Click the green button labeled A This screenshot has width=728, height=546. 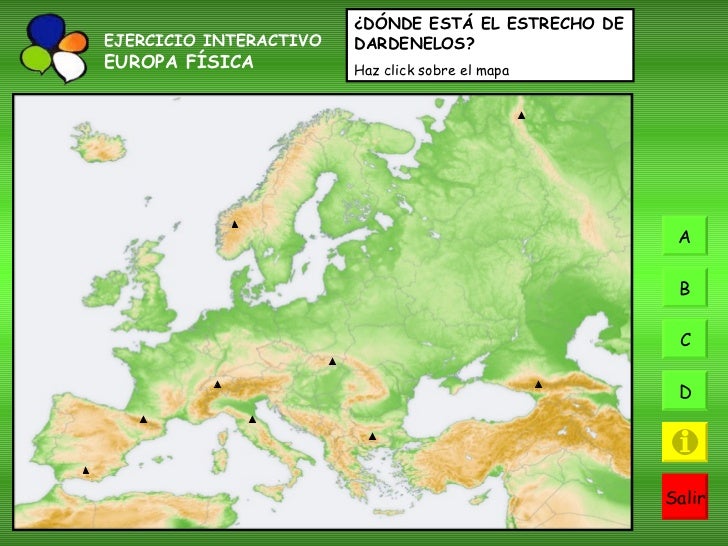click(x=685, y=237)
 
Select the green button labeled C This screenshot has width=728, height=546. click(x=685, y=340)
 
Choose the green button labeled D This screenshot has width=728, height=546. click(x=685, y=391)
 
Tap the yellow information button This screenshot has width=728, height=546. click(x=685, y=442)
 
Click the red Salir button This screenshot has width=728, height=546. click(x=685, y=496)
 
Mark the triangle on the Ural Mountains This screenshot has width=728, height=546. click(x=521, y=116)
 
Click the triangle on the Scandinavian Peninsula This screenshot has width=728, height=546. click(x=234, y=224)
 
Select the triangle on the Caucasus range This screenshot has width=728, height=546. click(x=538, y=384)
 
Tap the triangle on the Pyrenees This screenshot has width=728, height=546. click(x=143, y=420)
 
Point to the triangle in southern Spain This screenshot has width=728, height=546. click(x=86, y=470)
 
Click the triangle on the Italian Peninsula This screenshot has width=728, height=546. click(x=252, y=419)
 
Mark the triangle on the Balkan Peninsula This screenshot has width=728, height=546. click(x=371, y=436)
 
